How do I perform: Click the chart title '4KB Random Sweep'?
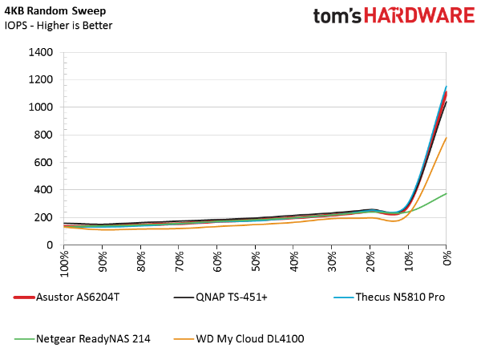click(55, 10)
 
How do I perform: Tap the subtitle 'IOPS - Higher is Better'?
click(59, 26)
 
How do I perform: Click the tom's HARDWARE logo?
click(394, 15)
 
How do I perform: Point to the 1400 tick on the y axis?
click(41, 52)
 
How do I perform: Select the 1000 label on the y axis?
click(41, 107)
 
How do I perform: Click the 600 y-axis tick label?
click(43, 162)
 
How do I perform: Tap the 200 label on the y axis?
click(43, 217)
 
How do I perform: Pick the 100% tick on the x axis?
click(64, 264)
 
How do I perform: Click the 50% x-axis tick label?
click(256, 261)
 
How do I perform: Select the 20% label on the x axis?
click(370, 261)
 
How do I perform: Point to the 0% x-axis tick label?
click(447, 258)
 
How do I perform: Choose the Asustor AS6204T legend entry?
click(67, 297)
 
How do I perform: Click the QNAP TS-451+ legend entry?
click(220, 297)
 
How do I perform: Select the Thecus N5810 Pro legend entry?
click(389, 297)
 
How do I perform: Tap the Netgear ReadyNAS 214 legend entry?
click(83, 339)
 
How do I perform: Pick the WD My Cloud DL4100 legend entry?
click(239, 339)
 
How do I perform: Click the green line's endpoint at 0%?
click(447, 194)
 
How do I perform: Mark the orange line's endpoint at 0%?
click(447, 138)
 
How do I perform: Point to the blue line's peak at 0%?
click(447, 87)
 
